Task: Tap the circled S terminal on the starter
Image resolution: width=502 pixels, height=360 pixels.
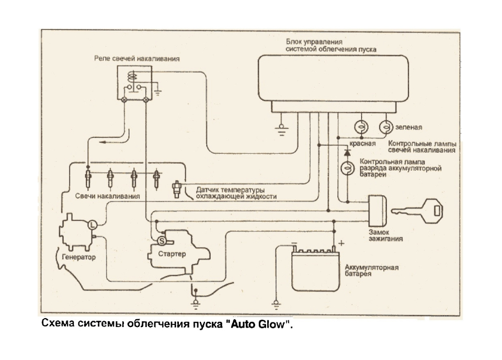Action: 162,241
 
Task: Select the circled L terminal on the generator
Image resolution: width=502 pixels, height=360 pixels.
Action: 92,224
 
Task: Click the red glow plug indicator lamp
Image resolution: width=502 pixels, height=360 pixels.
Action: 361,127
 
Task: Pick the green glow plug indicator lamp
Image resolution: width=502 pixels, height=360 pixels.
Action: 386,127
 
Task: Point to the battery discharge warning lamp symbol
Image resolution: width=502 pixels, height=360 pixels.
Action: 347,168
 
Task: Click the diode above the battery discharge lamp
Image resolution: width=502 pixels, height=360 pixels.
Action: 347,152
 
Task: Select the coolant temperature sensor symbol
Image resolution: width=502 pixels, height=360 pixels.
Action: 176,189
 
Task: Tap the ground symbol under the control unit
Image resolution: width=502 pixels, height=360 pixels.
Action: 281,130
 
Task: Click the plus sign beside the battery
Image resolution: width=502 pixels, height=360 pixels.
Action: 341,243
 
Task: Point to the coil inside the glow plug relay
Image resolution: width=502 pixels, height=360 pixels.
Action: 132,77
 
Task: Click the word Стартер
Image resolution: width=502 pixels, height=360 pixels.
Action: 172,254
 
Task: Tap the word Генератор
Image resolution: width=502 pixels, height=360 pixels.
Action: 79,257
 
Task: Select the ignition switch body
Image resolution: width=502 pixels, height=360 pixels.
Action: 377,211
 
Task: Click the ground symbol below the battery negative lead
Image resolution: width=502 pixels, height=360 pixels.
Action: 276,305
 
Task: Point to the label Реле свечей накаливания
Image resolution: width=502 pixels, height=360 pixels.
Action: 136,59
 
